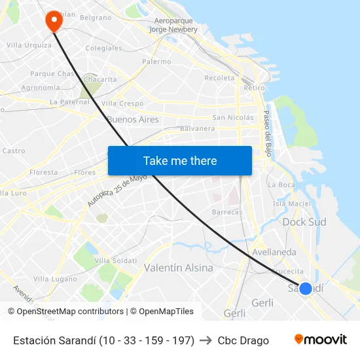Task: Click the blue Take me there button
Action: (179, 160)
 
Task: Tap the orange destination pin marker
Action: (53, 21)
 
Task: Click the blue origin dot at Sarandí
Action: (305, 288)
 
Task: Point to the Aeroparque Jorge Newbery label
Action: (173, 25)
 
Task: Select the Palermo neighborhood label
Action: (156, 62)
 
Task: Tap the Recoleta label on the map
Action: (219, 78)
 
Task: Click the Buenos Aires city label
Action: (132, 120)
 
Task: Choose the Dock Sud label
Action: (304, 222)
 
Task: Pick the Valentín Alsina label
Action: (178, 268)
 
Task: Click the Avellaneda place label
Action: (274, 252)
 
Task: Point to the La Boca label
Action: (281, 185)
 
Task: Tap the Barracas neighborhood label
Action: (227, 212)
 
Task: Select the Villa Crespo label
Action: (122, 103)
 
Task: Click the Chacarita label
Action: (100, 79)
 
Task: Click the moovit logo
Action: (320, 340)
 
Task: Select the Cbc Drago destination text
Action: (243, 340)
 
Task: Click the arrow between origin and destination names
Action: (206, 340)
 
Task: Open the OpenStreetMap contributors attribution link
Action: (66, 312)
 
